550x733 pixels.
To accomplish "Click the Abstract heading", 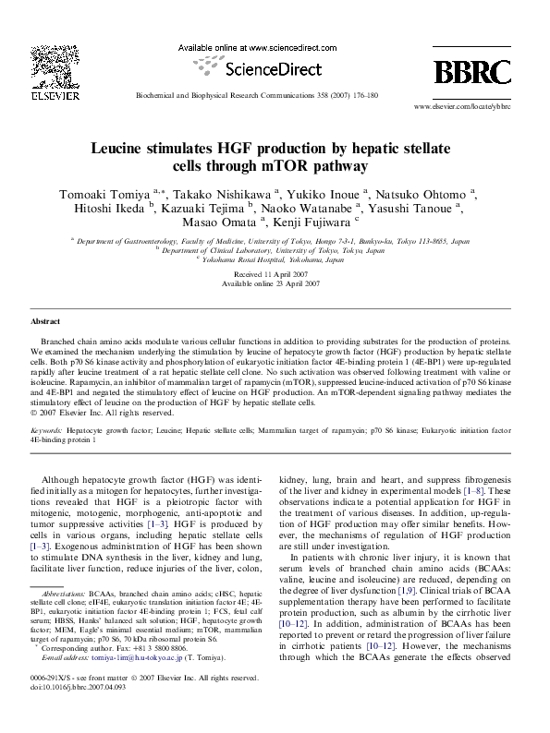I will coord(45,321).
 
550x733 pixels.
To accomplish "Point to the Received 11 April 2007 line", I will coord(275,276).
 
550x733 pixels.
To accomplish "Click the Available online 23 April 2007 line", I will coord(275,285).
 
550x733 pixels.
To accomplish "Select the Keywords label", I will coord(46,431).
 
